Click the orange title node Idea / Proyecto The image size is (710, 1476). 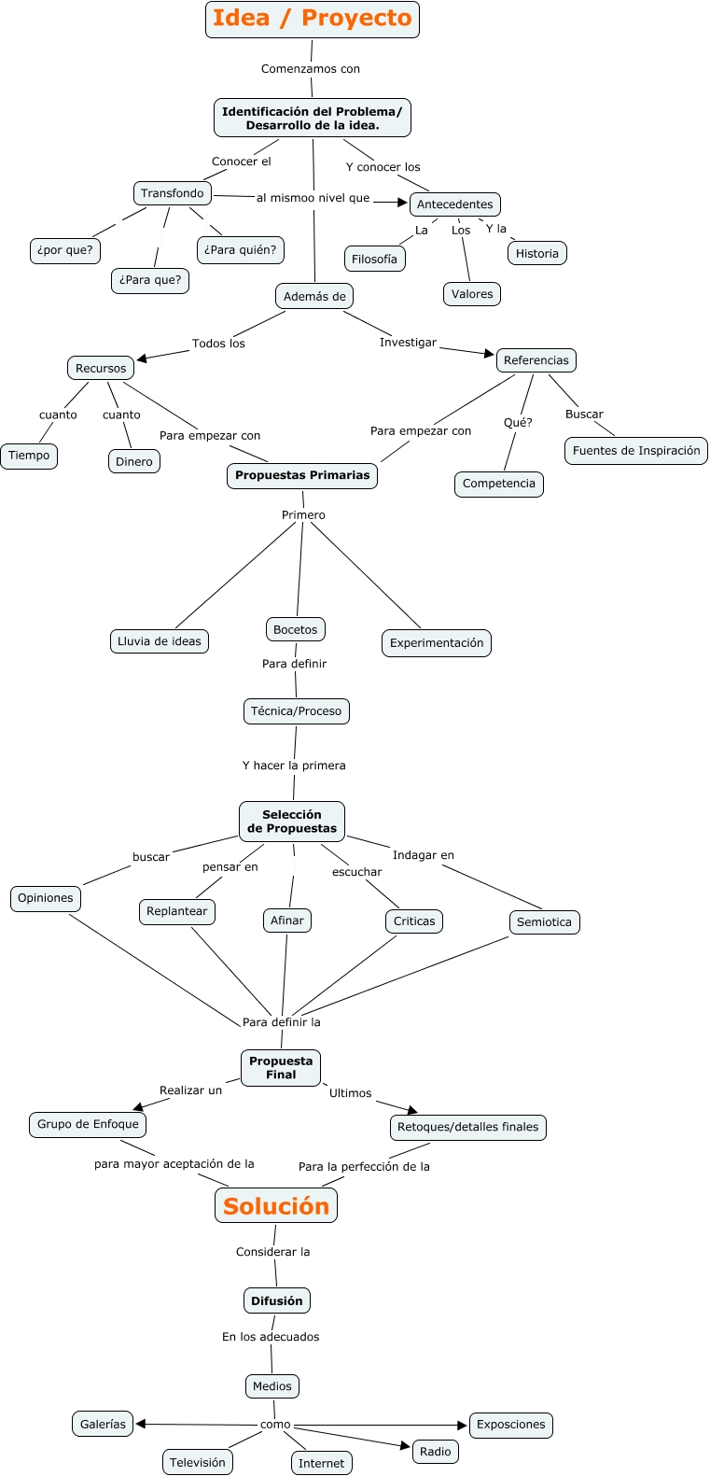tap(312, 19)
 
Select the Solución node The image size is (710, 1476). tap(276, 1205)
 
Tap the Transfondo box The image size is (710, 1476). tap(173, 193)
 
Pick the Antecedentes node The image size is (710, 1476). tap(455, 204)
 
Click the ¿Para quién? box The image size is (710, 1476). tap(241, 250)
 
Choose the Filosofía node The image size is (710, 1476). tap(374, 260)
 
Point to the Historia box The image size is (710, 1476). tap(537, 253)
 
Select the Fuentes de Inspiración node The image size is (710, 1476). tap(636, 451)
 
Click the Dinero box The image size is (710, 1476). tap(134, 461)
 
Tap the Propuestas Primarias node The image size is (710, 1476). tap(302, 475)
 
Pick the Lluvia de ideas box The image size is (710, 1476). tap(160, 641)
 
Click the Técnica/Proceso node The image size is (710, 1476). tap(296, 711)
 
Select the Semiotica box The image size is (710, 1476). tap(544, 922)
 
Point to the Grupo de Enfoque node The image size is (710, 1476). tap(88, 1124)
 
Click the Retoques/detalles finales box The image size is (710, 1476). tap(467, 1127)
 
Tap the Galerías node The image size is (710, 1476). tap(103, 1425)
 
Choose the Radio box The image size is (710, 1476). tap(436, 1452)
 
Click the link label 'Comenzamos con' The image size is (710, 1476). tap(311, 69)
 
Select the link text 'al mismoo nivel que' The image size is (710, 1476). tap(313, 198)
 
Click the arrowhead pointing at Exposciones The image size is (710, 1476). tap(462, 1426)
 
